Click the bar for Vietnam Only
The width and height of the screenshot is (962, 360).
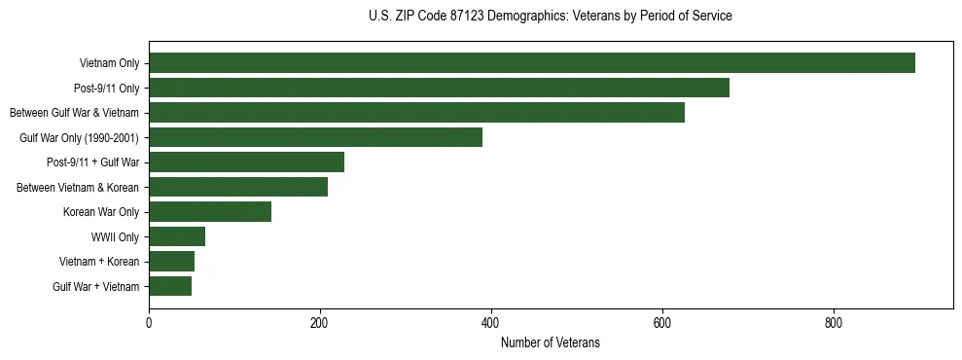click(532, 63)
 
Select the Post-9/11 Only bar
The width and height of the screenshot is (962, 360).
click(439, 88)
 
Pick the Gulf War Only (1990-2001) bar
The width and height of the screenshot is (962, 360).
click(315, 137)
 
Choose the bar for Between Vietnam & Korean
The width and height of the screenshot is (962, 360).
click(238, 187)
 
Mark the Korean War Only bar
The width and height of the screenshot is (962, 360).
click(210, 212)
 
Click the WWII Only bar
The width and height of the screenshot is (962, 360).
click(177, 236)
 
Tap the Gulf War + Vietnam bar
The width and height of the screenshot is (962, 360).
click(170, 286)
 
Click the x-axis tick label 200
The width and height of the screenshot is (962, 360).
click(320, 323)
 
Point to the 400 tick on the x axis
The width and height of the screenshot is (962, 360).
click(491, 323)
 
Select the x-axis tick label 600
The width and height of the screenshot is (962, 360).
click(662, 323)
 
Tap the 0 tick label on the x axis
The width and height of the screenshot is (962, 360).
click(149, 323)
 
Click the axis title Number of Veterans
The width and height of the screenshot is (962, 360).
click(551, 343)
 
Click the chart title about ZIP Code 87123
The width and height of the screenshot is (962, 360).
click(551, 17)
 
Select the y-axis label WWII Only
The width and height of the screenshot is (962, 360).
click(115, 237)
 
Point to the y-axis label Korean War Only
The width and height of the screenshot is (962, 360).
click(101, 212)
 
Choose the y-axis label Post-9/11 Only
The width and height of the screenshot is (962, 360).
click(106, 89)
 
